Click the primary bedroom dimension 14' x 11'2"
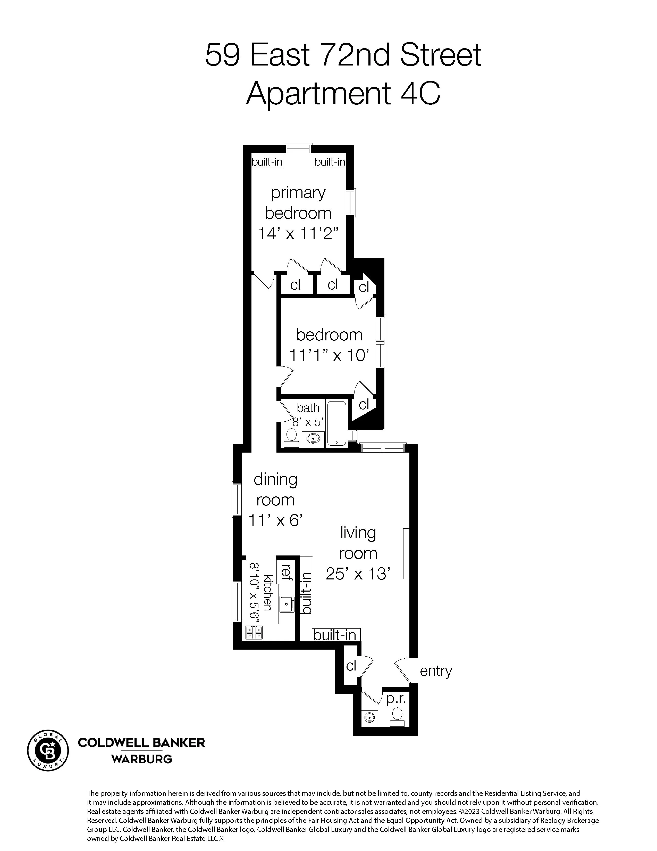pyautogui.click(x=298, y=234)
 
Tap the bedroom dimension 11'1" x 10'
pyautogui.click(x=329, y=355)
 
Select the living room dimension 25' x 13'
pyautogui.click(x=358, y=574)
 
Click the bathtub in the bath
pyautogui.click(x=336, y=423)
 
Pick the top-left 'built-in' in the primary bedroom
pyautogui.click(x=267, y=162)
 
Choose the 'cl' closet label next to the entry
pyautogui.click(x=351, y=666)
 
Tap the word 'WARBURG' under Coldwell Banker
pyautogui.click(x=142, y=759)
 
